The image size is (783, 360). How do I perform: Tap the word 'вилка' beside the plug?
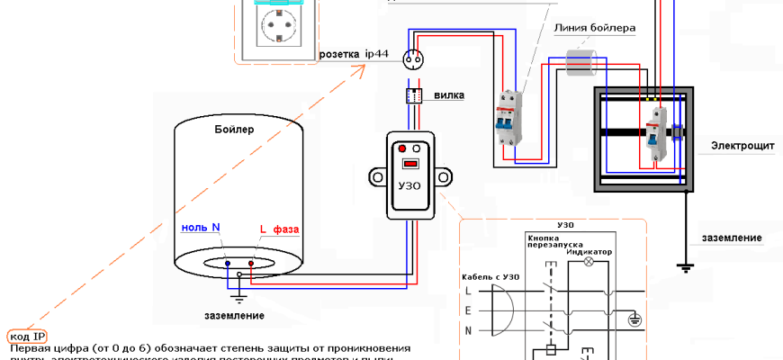447,94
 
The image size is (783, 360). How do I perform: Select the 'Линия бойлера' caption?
595,29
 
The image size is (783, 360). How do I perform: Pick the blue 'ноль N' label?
201,228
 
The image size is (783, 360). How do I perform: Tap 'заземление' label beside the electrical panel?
732,238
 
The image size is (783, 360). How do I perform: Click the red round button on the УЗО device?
401,148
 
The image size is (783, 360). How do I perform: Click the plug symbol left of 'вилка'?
415,95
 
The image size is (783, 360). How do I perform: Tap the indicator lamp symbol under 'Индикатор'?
589,263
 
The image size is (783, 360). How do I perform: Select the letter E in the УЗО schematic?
469,309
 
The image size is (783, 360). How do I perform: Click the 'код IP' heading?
28,336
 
